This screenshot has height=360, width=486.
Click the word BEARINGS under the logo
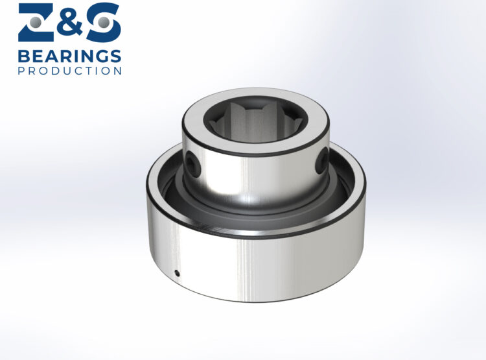pyautogui.click(x=69, y=56)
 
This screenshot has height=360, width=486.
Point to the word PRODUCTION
pyautogui.click(x=69, y=71)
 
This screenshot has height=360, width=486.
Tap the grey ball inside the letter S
pyautogui.click(x=104, y=23)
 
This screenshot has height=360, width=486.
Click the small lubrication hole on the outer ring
pyautogui.click(x=178, y=273)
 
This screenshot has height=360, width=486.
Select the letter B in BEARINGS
pyautogui.click(x=23, y=56)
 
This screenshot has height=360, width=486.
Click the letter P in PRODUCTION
pyautogui.click(x=21, y=71)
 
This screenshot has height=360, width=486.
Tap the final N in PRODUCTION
pyautogui.click(x=117, y=71)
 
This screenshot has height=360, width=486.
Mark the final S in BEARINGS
pyautogui.click(x=115, y=56)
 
